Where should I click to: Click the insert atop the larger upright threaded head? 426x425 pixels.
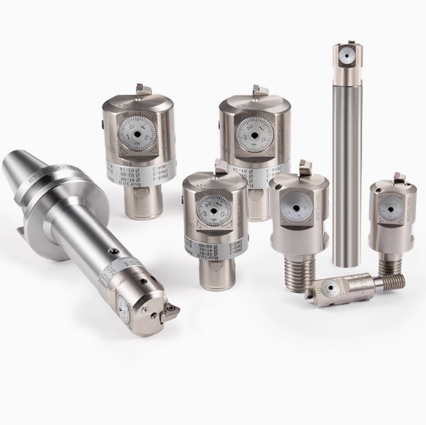304,169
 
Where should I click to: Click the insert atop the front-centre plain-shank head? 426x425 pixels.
221,166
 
